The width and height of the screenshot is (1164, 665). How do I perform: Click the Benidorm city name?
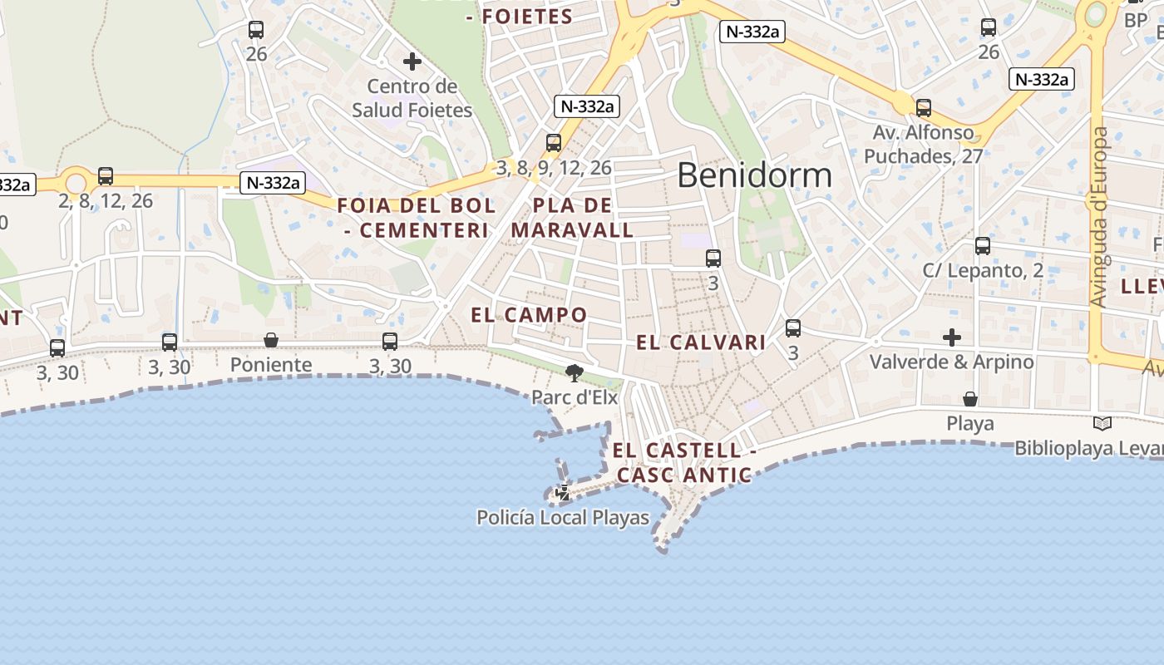tap(754, 175)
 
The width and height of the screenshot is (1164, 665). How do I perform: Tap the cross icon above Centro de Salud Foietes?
tap(412, 62)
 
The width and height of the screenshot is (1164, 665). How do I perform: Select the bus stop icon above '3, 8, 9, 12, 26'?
tap(554, 143)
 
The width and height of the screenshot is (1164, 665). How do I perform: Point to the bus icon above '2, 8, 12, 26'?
tap(106, 176)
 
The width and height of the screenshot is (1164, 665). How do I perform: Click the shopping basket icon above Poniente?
tap(271, 340)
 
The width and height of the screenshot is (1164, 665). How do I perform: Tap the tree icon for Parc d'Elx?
tap(575, 372)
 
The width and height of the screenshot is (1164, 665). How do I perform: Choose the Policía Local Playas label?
tap(562, 518)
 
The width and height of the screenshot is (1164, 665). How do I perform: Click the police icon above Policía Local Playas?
tap(563, 493)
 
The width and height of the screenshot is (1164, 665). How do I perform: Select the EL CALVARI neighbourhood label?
tap(701, 342)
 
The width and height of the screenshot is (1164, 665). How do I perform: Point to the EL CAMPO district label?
tap(529, 315)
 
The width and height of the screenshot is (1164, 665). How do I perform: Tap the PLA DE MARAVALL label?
tap(573, 218)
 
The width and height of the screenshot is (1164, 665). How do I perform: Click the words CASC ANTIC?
tap(684, 475)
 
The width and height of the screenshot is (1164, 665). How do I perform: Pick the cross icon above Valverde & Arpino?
tap(952, 337)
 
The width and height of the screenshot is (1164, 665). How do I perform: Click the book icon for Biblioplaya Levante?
tap(1102, 424)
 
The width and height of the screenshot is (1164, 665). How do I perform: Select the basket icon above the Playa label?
tap(970, 400)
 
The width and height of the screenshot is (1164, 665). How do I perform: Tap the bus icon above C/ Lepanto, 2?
tap(983, 246)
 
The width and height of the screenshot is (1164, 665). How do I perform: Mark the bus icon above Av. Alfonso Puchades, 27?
tap(924, 108)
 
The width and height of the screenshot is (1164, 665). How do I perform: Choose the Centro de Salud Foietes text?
tap(412, 98)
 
